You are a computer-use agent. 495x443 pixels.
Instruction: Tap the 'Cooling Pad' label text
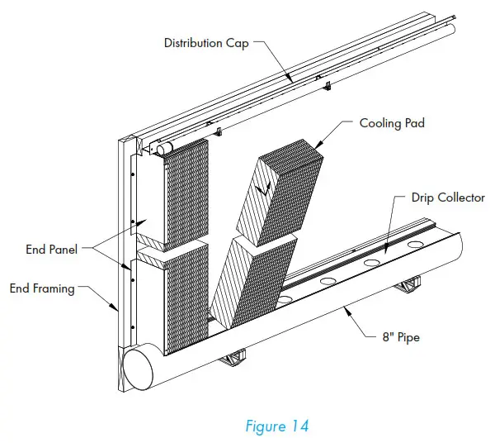click(x=391, y=124)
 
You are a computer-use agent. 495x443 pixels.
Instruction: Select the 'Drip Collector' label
click(x=448, y=198)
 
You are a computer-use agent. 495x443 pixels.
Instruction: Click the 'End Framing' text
click(x=41, y=288)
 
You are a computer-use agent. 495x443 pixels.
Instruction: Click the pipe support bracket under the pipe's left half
click(x=233, y=358)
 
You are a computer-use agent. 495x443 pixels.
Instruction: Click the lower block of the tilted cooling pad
click(x=247, y=281)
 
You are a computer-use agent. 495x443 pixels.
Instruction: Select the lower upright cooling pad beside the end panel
click(x=186, y=302)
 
